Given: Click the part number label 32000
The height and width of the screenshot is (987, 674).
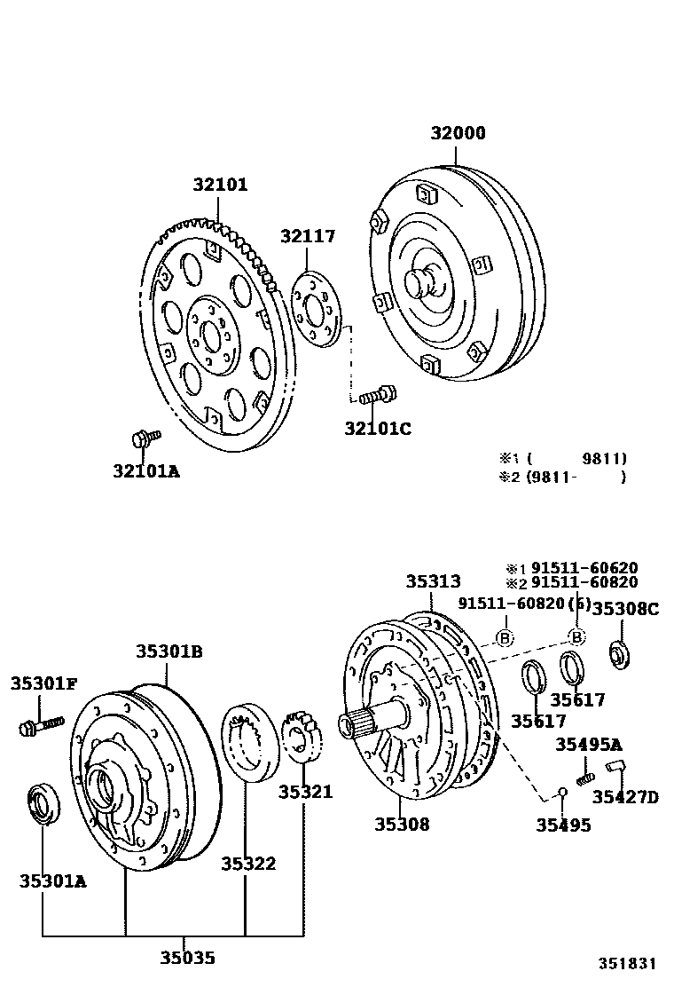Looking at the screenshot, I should click(x=458, y=133).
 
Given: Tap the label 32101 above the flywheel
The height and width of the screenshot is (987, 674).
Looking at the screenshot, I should click(x=221, y=186).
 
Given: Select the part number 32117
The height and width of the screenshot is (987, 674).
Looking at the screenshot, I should click(x=308, y=236).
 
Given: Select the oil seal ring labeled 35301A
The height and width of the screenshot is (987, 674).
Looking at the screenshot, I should click(x=41, y=802).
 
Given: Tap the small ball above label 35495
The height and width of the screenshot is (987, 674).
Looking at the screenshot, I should click(x=561, y=792).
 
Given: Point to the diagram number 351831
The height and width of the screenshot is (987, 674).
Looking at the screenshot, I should click(x=626, y=963).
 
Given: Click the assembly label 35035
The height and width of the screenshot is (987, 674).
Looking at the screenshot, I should click(x=187, y=958).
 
